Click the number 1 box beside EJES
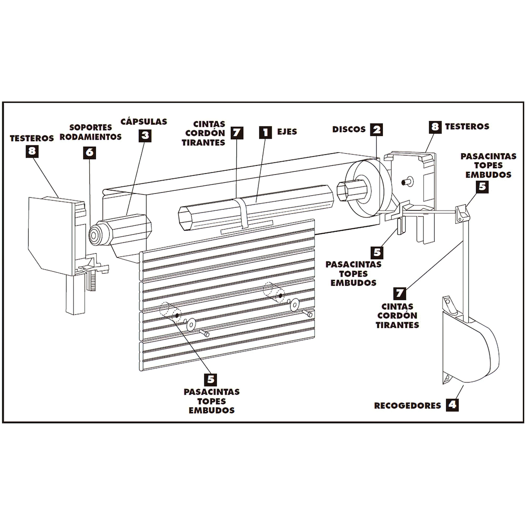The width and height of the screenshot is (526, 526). tap(265, 132)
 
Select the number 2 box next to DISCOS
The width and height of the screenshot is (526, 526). tap(376, 129)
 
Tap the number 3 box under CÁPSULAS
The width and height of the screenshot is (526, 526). tap(145, 135)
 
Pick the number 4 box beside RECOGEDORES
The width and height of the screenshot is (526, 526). tap(452, 405)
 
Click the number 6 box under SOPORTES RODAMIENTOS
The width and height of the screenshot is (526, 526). tap(90, 152)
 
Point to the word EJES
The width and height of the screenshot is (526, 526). tap(287, 132)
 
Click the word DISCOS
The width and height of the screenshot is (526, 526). tap(349, 129)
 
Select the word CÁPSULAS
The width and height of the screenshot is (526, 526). tap(144, 122)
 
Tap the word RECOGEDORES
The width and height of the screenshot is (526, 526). tap(407, 405)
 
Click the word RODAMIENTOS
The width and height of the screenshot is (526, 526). tap(90, 137)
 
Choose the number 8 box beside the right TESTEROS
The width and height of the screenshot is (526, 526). tap(435, 127)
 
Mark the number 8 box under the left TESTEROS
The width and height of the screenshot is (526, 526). tap(32, 151)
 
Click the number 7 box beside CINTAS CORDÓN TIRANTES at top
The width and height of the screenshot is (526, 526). tap(237, 133)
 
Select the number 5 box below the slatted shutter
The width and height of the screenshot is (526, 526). tap(210, 379)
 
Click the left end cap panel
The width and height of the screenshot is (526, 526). tap(51, 235)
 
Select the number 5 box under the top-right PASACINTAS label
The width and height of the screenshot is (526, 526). tap(483, 187)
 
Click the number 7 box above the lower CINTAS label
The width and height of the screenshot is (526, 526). tap(399, 293)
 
